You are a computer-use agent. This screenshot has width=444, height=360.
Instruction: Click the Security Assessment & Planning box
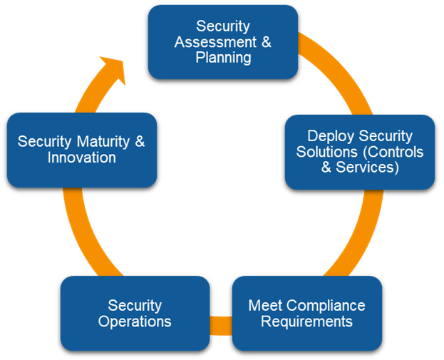click(x=222, y=41)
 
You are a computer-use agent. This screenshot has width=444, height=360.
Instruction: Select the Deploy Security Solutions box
click(x=359, y=152)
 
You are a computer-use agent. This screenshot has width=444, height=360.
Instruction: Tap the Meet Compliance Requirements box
click(x=306, y=313)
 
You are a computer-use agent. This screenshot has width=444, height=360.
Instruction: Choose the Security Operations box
click(x=135, y=313)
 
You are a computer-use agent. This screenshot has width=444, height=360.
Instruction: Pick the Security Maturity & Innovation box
click(x=81, y=150)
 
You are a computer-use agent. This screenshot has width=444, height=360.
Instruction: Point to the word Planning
click(x=223, y=58)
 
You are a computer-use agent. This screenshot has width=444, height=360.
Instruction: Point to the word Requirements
click(x=306, y=322)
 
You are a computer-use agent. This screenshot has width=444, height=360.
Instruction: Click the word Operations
click(x=135, y=322)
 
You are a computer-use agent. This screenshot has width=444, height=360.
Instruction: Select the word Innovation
click(x=81, y=158)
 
